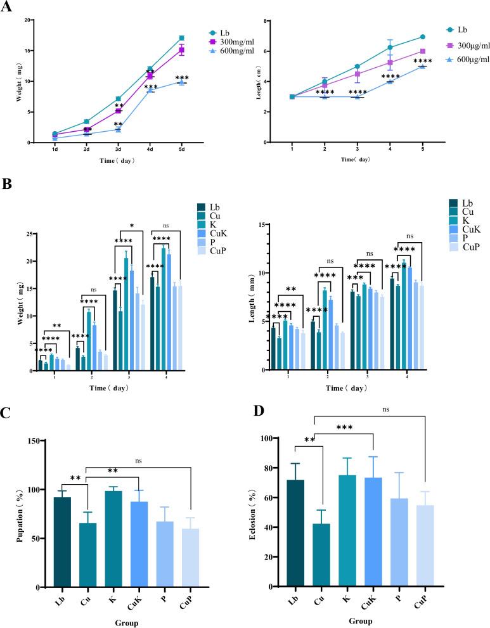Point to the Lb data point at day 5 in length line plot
tap(423, 37)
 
